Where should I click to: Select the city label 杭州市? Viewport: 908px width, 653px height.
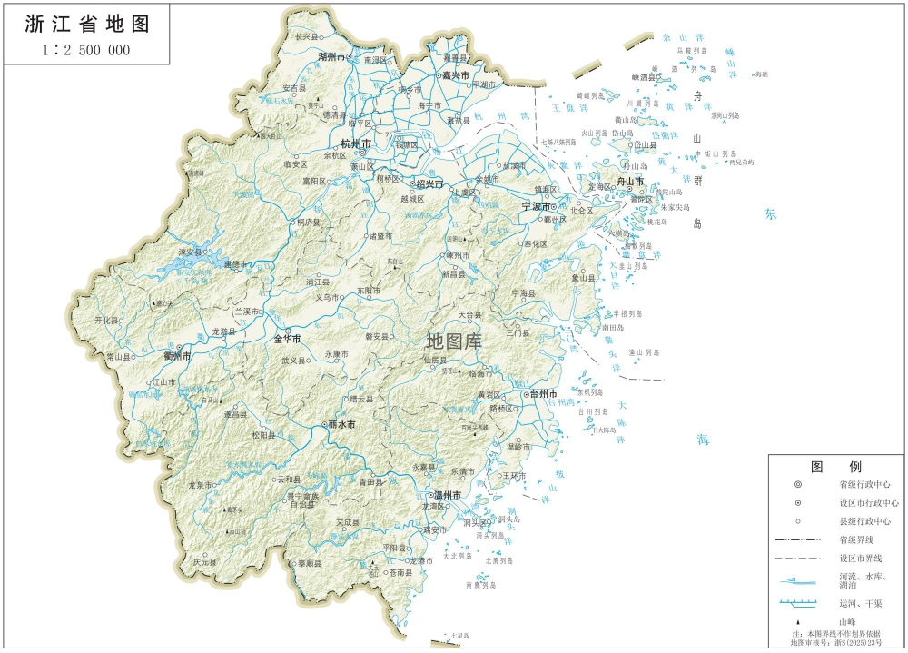click(x=355, y=144)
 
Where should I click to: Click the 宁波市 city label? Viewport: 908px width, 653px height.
click(x=537, y=207)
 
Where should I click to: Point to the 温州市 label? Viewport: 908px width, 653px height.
click(x=444, y=496)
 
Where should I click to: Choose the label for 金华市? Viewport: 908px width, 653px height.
click(x=287, y=339)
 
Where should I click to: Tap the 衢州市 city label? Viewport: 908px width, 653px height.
click(x=176, y=357)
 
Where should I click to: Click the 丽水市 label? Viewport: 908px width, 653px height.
click(x=340, y=425)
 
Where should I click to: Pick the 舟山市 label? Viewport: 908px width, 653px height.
click(x=629, y=182)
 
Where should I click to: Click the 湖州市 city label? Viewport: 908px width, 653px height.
click(x=332, y=56)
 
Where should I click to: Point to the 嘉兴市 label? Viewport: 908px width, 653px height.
click(x=455, y=75)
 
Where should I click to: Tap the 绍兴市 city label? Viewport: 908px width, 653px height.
click(x=429, y=184)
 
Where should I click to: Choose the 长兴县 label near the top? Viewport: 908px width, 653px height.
click(x=308, y=37)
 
